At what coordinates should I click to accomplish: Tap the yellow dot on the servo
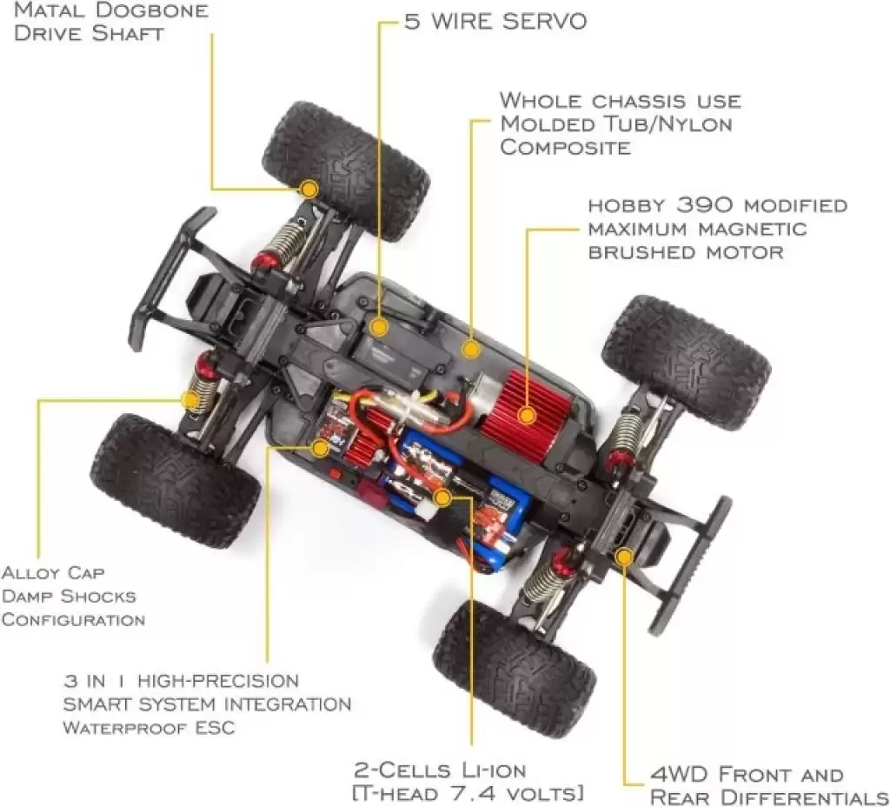379,327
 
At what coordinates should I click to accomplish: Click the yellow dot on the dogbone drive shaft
309,189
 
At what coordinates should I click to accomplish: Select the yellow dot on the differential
624,557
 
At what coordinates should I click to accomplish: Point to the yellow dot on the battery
442,498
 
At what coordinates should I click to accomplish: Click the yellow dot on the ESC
320,448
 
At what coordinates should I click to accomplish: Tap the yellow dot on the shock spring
191,400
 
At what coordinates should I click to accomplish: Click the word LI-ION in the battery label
494,770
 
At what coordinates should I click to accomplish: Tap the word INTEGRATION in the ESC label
288,704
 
